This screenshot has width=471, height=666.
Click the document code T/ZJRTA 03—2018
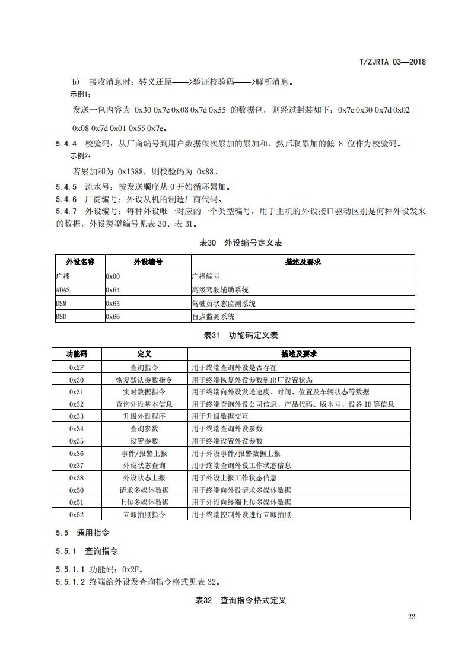[393, 62]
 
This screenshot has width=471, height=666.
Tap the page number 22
[411, 617]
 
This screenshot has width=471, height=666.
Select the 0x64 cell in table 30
[113, 290]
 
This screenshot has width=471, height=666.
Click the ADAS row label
[62, 290]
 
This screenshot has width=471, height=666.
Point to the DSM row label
[61, 304]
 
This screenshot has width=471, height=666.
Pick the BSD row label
[61, 317]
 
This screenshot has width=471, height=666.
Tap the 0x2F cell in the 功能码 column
[77, 368]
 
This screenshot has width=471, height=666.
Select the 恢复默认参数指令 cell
[144, 380]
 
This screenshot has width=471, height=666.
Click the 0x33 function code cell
[77, 416]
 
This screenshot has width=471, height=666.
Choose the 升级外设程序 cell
[144, 416]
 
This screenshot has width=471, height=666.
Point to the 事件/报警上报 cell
[144, 453]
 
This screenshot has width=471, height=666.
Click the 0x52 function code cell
[77, 514]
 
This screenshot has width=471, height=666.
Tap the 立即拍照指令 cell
[144, 514]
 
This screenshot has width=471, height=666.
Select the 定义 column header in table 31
[144, 354]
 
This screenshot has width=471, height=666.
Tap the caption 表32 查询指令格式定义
[241, 600]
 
